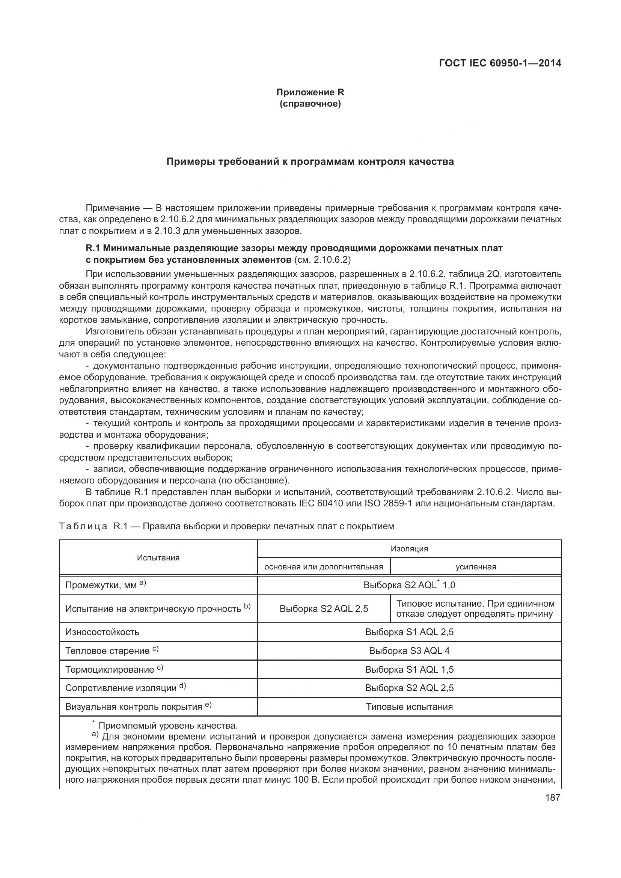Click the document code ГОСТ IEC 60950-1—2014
pos(500,63)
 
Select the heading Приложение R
pos(310,92)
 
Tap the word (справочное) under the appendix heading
pos(310,104)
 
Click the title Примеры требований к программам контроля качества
pos(310,162)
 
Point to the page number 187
pos(553,797)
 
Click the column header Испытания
pos(158,557)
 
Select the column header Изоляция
pos(409,549)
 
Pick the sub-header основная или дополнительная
pos(324,567)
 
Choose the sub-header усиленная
pos(476,567)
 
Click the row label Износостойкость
pos(102,632)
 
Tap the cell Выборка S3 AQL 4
pos(409,651)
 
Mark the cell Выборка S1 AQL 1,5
pos(409,669)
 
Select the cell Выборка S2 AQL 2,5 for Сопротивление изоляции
pos(409,688)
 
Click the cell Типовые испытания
pos(409,707)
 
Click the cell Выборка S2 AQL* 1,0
pos(409,585)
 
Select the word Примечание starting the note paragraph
pos(112,208)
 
